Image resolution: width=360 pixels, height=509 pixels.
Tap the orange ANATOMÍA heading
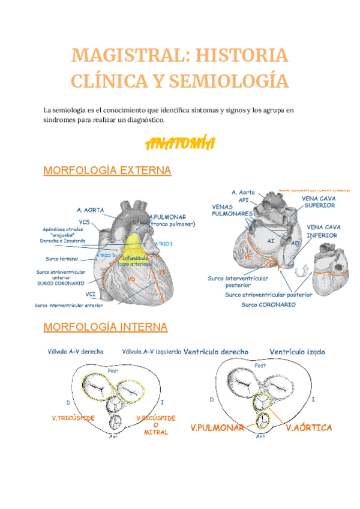(x=180, y=144)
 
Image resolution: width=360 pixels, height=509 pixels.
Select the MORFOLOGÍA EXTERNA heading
(x=107, y=170)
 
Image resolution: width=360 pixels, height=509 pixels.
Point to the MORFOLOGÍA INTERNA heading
(x=106, y=327)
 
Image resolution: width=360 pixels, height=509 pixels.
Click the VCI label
(x=91, y=294)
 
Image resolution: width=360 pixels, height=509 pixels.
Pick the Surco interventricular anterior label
(x=68, y=306)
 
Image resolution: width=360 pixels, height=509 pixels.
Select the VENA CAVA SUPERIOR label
(x=319, y=202)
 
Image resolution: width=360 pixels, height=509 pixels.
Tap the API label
(x=243, y=199)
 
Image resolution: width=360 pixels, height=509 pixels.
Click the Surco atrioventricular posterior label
(x=268, y=295)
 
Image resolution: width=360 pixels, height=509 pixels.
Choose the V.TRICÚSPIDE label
(x=74, y=418)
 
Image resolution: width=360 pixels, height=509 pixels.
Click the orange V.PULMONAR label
(x=218, y=428)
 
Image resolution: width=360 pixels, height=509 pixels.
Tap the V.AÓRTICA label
(x=308, y=427)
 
